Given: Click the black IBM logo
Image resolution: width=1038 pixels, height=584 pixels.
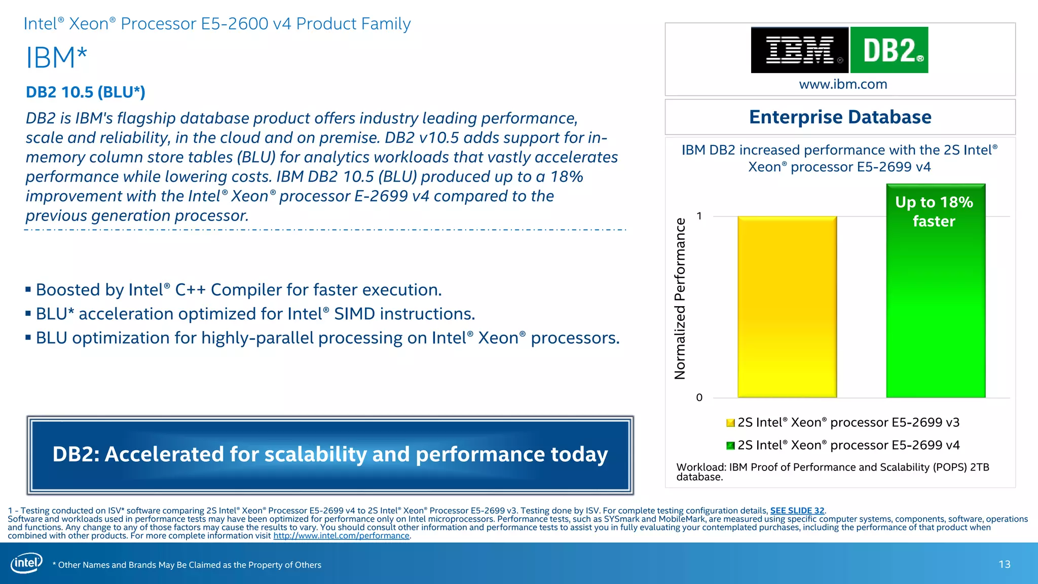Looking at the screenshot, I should [799, 50].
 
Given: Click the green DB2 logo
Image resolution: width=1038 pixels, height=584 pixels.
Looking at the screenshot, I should [889, 50].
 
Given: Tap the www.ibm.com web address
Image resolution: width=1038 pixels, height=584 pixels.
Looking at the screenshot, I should [843, 84].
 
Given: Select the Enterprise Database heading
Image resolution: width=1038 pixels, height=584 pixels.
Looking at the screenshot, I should [840, 117].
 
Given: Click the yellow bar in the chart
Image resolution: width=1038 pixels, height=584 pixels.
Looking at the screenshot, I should [787, 307].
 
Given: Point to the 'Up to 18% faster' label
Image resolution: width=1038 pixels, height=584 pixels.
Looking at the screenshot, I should [934, 211].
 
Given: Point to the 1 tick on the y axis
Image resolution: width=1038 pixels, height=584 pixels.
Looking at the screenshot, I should [699, 216].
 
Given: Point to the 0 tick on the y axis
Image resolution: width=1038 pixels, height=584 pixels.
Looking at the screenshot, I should [699, 397].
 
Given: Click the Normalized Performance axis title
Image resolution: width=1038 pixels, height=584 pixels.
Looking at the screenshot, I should [680, 299].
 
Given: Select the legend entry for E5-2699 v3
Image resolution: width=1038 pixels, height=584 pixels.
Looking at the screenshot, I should [842, 422].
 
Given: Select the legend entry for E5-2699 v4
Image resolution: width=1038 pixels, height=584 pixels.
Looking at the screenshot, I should [842, 445].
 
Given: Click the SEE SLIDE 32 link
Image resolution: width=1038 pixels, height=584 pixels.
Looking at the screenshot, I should [797, 510].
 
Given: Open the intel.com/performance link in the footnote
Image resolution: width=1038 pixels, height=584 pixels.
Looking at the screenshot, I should [341, 536].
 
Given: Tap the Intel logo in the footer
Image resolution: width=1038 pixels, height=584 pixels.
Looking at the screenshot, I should [26, 563].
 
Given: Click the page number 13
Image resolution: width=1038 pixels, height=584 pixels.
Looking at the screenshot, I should [1004, 564].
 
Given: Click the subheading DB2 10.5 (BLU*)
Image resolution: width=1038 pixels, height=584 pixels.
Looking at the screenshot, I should [85, 92].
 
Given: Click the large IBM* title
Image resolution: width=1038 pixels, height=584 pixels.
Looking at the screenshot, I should [56, 57].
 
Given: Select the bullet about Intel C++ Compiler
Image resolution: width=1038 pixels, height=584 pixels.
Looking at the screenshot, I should [238, 290].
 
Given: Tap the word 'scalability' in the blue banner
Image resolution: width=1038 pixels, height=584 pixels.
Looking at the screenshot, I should [315, 454].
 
